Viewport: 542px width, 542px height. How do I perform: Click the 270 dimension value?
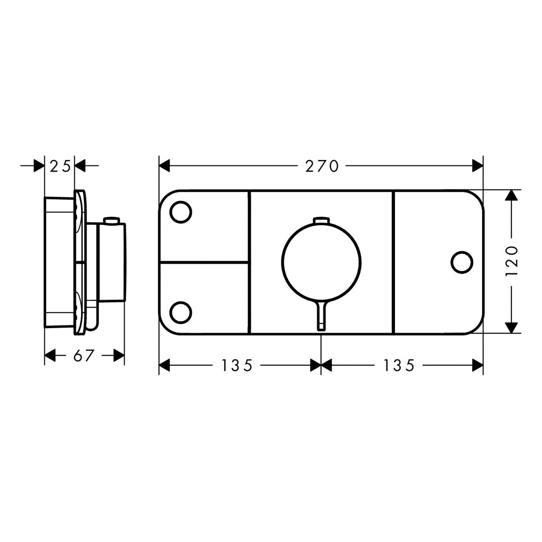[x=322, y=166]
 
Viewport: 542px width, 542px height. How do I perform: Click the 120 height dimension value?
[x=512, y=261]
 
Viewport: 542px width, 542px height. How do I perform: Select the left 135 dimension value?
[x=237, y=366]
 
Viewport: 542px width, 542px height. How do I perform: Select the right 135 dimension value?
[x=399, y=366]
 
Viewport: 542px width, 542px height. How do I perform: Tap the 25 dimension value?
[x=60, y=167]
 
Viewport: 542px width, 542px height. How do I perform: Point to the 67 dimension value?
[x=83, y=356]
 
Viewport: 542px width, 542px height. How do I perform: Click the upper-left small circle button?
[x=181, y=212]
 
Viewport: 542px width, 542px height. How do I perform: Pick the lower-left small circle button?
[x=181, y=312]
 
